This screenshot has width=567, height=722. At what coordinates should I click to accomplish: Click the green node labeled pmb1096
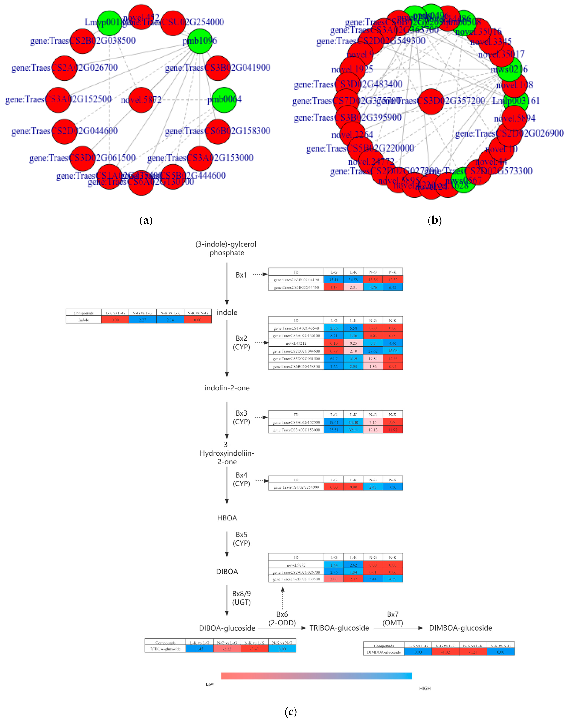tap(200, 41)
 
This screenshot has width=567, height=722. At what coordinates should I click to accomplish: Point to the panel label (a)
tap(146, 220)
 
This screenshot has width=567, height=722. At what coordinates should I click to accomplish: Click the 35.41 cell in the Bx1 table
tap(334, 280)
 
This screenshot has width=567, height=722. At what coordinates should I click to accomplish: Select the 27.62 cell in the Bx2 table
tap(373, 351)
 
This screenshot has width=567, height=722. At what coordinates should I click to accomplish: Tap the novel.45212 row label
tap(296, 343)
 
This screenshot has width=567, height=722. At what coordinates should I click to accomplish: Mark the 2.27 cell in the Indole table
tap(142, 320)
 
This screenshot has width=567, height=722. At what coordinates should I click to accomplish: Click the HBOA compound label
tap(227, 518)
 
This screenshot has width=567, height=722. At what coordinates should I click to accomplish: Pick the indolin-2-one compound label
tap(227, 388)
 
